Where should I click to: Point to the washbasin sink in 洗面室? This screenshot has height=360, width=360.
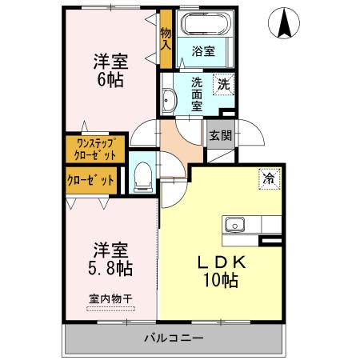[169, 100]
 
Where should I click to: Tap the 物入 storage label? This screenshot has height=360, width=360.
[166, 38]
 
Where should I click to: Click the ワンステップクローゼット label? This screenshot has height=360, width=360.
[90, 149]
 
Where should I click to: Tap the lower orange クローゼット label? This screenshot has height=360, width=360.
[90, 179]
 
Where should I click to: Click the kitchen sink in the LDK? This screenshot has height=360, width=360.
[235, 224]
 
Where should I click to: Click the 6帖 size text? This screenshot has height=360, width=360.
[110, 80]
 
